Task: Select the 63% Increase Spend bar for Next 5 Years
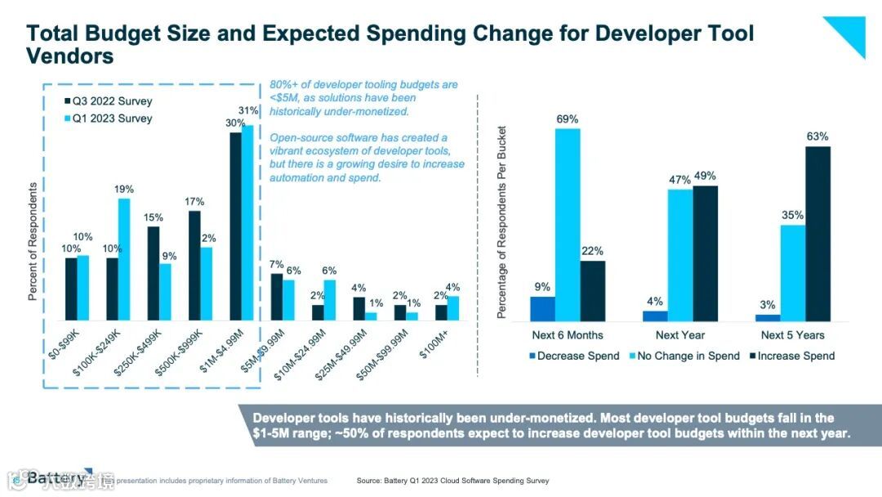click(x=817, y=234)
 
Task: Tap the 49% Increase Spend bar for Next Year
click(x=705, y=253)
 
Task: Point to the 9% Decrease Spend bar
click(x=542, y=309)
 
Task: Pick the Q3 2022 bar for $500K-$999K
click(x=194, y=265)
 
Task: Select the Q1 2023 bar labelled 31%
click(x=247, y=222)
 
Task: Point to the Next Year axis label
click(x=679, y=335)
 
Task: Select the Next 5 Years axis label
click(x=792, y=335)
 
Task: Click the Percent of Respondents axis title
click(x=33, y=241)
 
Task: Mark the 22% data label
click(x=593, y=251)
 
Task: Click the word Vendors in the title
click(x=70, y=56)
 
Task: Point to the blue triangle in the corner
click(x=849, y=33)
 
